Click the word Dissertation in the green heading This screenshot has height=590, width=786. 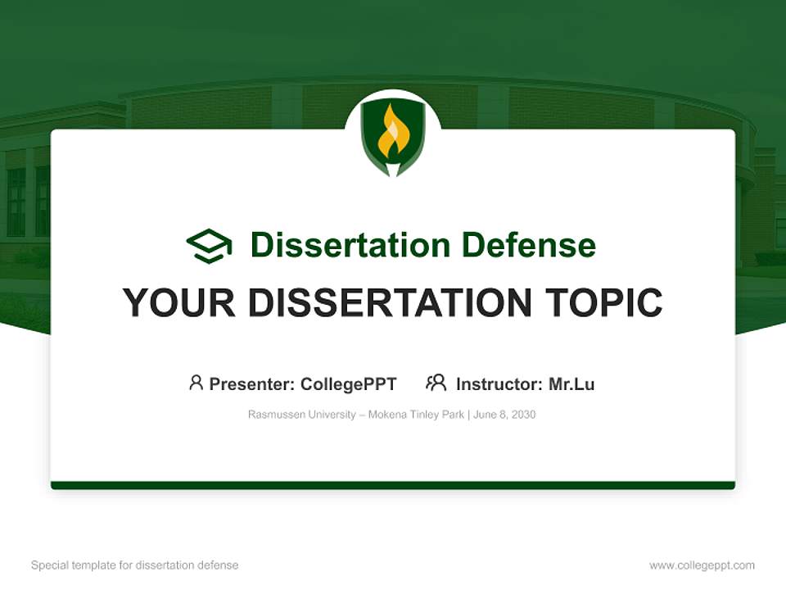click(350, 245)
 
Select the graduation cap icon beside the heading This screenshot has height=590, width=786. click(209, 246)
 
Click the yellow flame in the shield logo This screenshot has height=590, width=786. click(392, 132)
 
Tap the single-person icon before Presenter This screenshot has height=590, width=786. click(196, 383)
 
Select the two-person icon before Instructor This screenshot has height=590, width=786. click(436, 383)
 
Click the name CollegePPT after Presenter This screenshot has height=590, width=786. click(349, 384)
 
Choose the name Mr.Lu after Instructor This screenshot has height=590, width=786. click(571, 384)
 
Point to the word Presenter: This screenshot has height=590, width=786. click(252, 384)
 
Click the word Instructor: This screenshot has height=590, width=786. click(499, 384)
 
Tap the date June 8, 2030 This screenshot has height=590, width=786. click(504, 415)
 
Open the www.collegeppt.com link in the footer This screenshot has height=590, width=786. click(702, 565)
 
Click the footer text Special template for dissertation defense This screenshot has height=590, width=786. click(134, 565)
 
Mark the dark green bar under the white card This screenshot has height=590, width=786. click(393, 485)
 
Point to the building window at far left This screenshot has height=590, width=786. click(16, 202)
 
